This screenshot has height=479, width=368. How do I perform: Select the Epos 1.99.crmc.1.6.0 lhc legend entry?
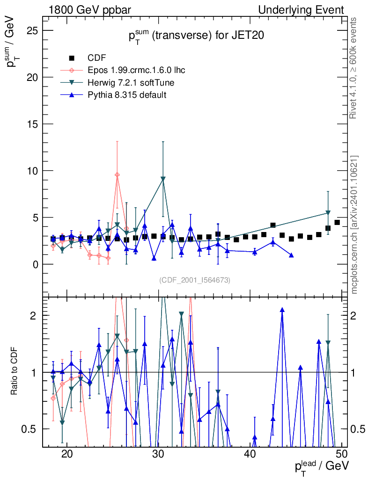coord(136,71)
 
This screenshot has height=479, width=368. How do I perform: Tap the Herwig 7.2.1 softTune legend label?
coord(131,83)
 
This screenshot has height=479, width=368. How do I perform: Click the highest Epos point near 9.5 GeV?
coord(117,174)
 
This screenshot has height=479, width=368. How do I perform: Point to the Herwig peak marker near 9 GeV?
coord(163,179)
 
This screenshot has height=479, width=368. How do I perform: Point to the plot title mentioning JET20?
coord(193,37)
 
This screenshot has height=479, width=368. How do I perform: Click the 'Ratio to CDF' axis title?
coord(14,372)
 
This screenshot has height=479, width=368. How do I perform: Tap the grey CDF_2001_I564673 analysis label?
coord(194,280)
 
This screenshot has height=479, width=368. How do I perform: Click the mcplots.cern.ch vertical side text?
coord(354,225)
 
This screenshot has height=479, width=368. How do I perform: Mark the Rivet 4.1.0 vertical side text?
coord(354,68)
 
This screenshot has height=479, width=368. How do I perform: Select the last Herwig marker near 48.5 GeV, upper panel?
coord(328,213)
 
